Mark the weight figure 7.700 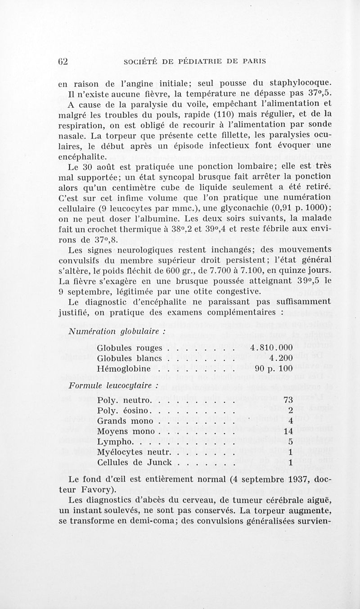click(x=226, y=270)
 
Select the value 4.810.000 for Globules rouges click(x=271, y=348)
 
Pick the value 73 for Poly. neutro click(x=288, y=400)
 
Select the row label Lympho click(x=112, y=442)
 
